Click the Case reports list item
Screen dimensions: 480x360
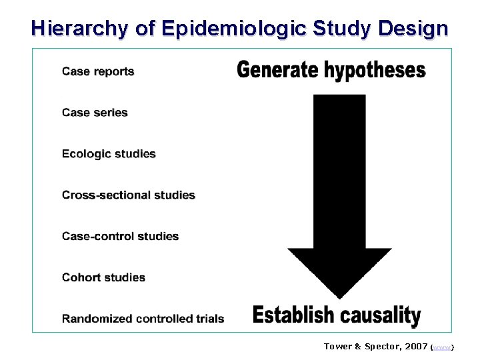point(98,71)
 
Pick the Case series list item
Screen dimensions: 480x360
point(95,113)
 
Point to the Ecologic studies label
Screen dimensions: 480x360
point(109,154)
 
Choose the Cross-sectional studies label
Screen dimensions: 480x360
point(129,195)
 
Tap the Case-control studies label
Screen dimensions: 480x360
point(120,236)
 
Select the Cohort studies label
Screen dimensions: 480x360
point(103,277)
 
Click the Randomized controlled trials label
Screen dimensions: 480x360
point(143,319)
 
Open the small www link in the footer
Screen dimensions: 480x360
point(443,347)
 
